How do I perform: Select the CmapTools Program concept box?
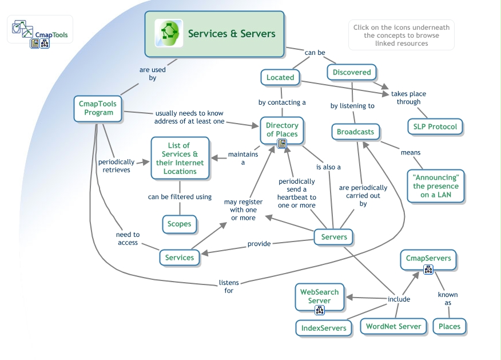tap(98, 108)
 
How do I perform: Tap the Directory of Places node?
tap(282, 130)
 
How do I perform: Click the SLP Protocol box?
tap(435, 126)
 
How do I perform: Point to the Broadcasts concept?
tap(355, 132)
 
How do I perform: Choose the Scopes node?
tap(179, 224)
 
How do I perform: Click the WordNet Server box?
tap(393, 326)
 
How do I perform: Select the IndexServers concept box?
tap(324, 328)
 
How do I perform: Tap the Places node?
tap(449, 326)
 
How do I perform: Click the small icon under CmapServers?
tap(428, 270)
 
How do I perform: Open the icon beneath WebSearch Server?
tap(320, 310)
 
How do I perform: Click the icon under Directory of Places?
tap(281, 144)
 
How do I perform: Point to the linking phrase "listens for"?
tap(229, 286)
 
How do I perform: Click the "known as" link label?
tap(448, 299)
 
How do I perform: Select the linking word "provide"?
tap(259, 244)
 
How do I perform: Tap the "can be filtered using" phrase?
tap(180, 197)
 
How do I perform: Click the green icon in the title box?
tap(169, 33)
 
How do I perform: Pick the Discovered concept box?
tap(352, 72)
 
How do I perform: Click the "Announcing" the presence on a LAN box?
tap(436, 186)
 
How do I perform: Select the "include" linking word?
tap(399, 299)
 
